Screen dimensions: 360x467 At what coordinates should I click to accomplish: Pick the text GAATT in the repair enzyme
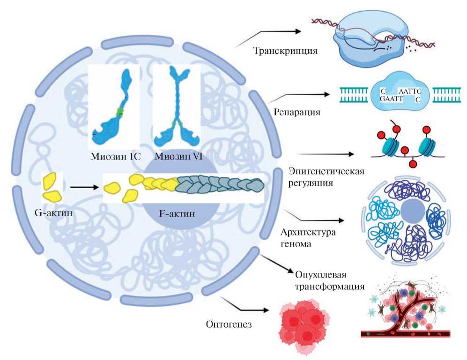tap(388, 99)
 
